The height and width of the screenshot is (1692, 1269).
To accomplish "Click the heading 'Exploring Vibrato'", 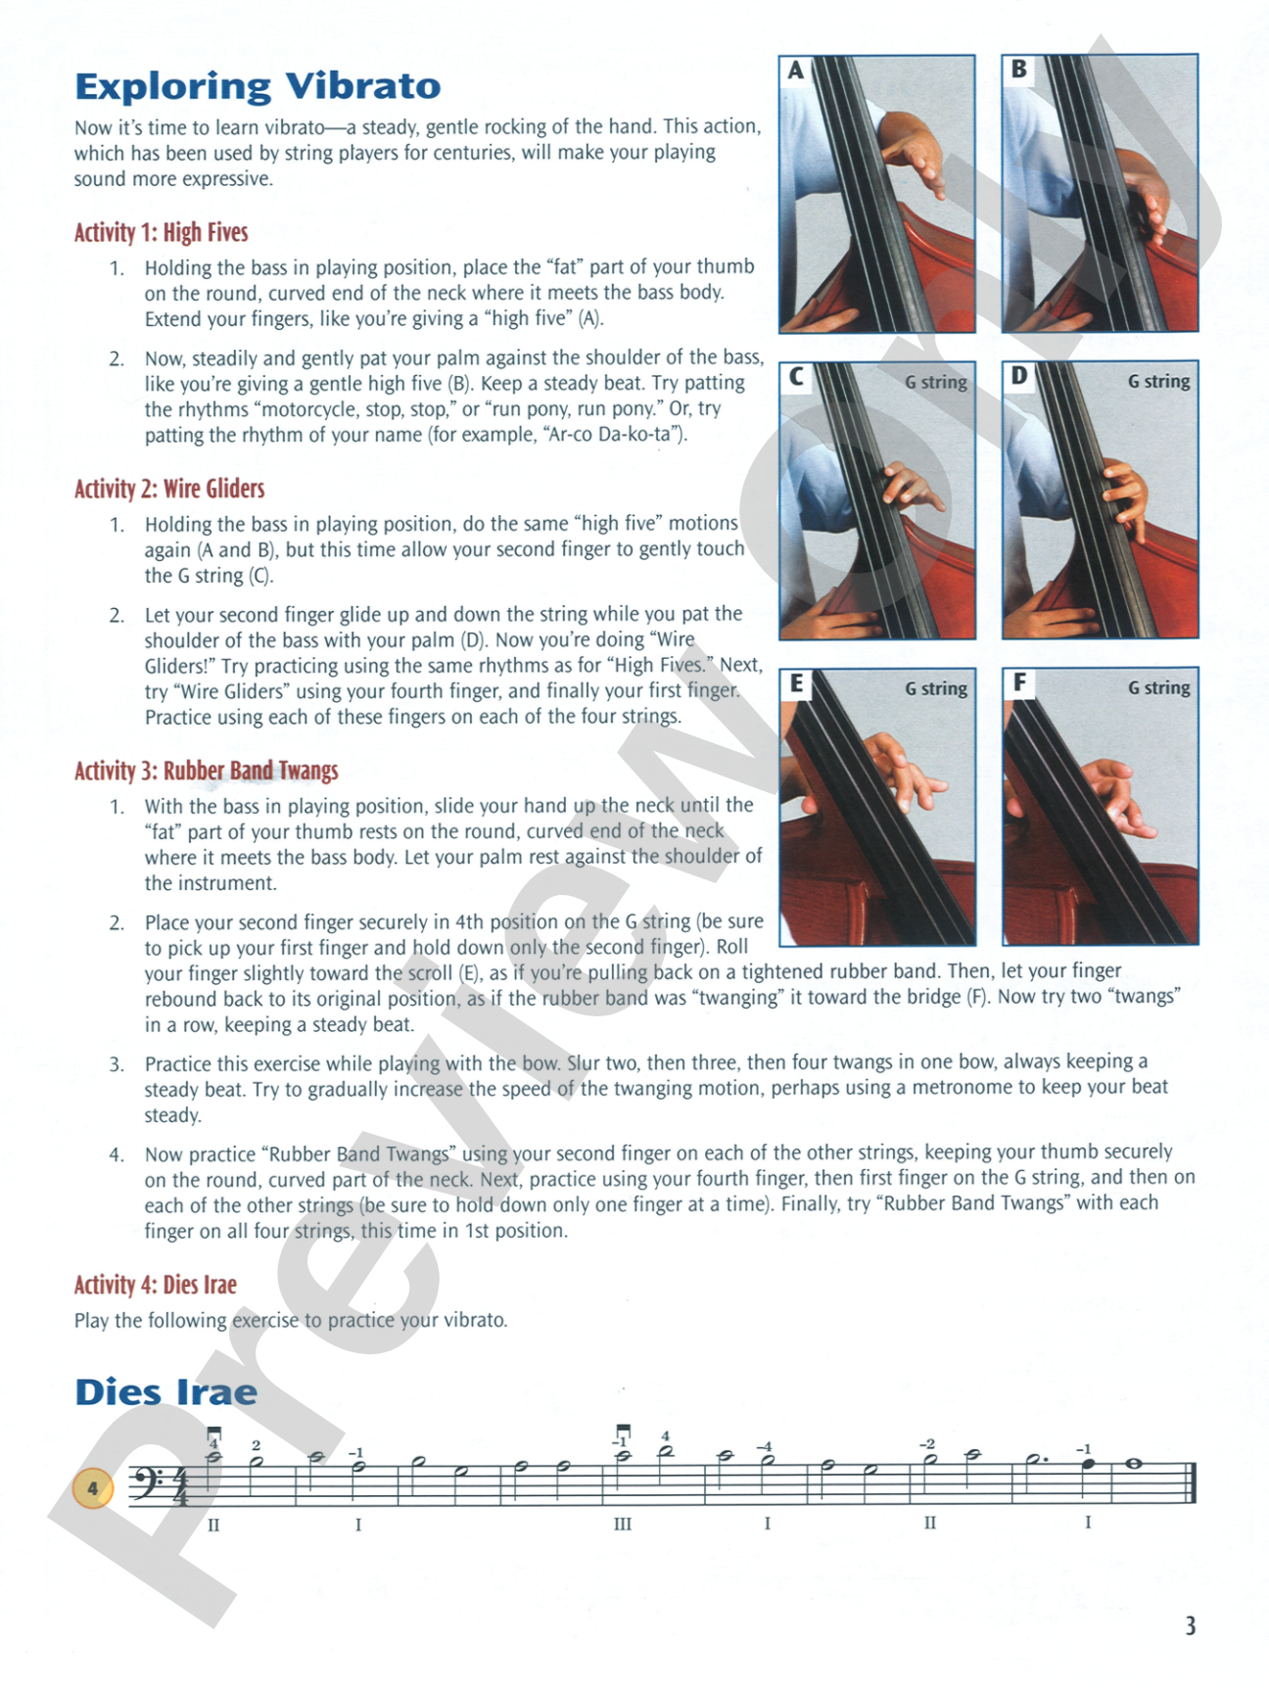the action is click(x=258, y=86).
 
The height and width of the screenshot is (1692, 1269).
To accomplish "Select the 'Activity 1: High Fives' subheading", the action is click(x=162, y=233).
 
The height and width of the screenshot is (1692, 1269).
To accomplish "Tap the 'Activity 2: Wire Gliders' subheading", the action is click(x=169, y=489).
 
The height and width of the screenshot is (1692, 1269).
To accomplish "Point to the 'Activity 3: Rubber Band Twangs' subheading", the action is click(x=207, y=771).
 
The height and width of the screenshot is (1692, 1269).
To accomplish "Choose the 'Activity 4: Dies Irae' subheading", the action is click(x=156, y=1285).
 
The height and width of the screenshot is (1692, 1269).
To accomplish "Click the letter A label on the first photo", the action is click(x=796, y=70).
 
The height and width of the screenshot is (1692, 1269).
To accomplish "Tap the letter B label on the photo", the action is click(x=1019, y=70).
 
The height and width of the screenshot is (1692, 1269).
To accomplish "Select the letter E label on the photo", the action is click(x=796, y=683).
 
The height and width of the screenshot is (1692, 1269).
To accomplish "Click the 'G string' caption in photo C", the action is click(x=936, y=382).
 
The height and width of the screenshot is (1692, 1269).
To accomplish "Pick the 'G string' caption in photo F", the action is click(x=1159, y=687).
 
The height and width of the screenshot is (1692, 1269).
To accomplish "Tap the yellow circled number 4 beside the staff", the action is click(x=93, y=1489).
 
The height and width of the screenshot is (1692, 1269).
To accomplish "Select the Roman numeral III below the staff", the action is click(x=623, y=1524).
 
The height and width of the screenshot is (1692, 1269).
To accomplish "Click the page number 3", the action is click(x=1191, y=1626).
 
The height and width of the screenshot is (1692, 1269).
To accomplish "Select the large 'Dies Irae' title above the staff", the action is click(x=166, y=1392).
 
